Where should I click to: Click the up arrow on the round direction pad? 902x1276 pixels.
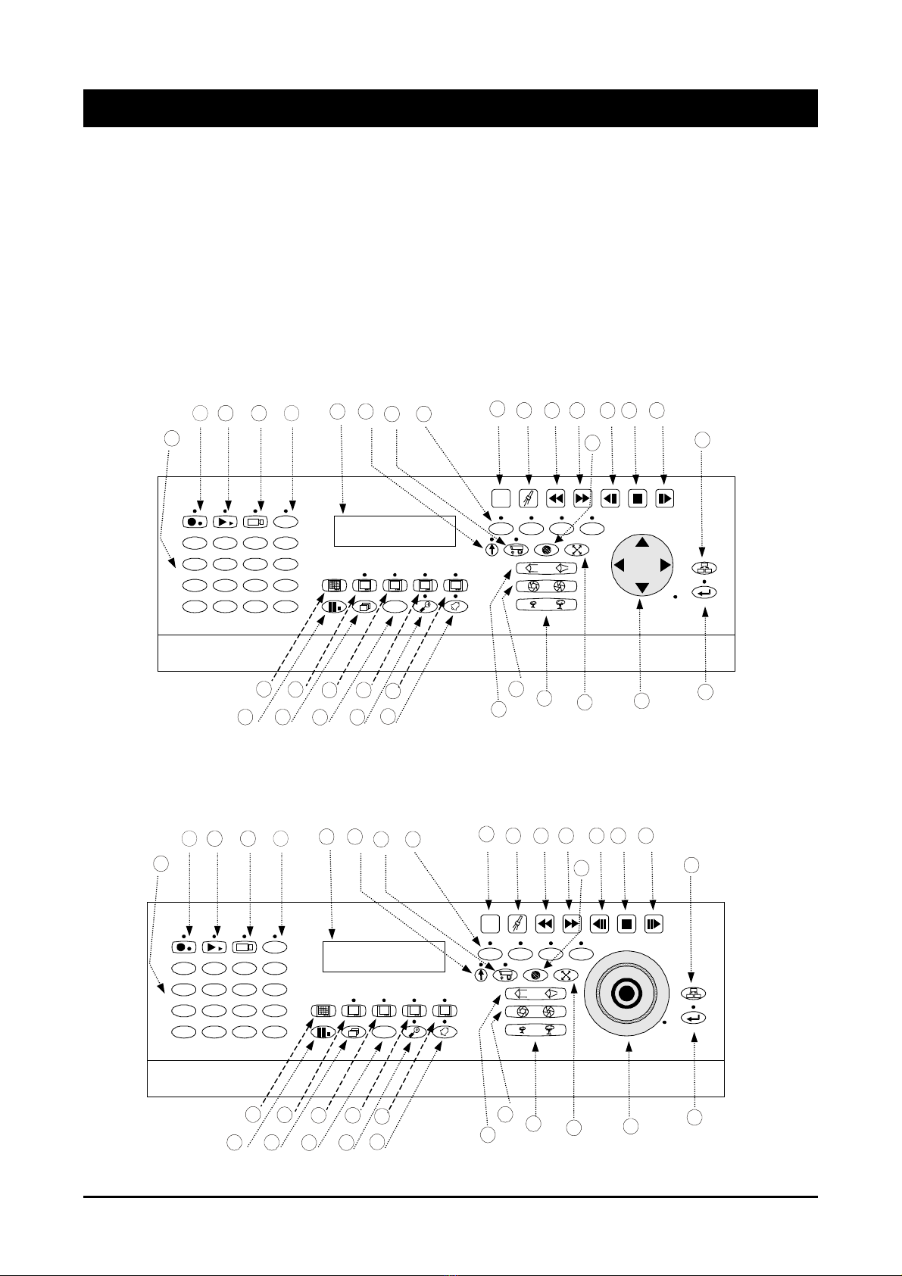[x=642, y=542]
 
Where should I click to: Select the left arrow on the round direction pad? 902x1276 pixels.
[x=619, y=565]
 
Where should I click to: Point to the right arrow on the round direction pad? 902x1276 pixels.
[x=665, y=565]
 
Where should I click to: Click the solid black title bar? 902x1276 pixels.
[x=450, y=108]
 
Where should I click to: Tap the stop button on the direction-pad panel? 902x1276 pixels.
[x=637, y=499]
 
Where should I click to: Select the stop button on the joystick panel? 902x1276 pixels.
[x=626, y=924]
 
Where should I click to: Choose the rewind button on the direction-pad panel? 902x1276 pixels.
[x=556, y=499]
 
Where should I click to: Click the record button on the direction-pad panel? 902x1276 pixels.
[x=194, y=522]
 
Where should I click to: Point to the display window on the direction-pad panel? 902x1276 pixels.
[x=395, y=531]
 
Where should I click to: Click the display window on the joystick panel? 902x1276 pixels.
[x=383, y=956]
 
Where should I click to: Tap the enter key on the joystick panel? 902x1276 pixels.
[x=693, y=1018]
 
